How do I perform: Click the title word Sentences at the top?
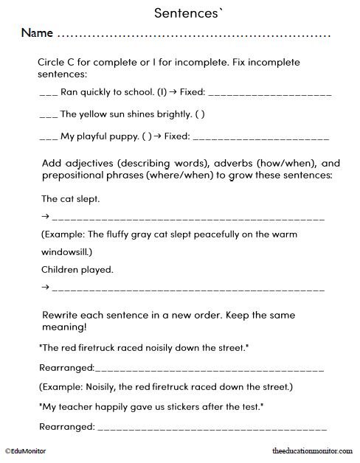pyautogui.click(x=180, y=13)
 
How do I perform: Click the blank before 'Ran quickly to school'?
pyautogui.click(x=48, y=95)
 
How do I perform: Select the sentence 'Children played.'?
pyautogui.click(x=77, y=269)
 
